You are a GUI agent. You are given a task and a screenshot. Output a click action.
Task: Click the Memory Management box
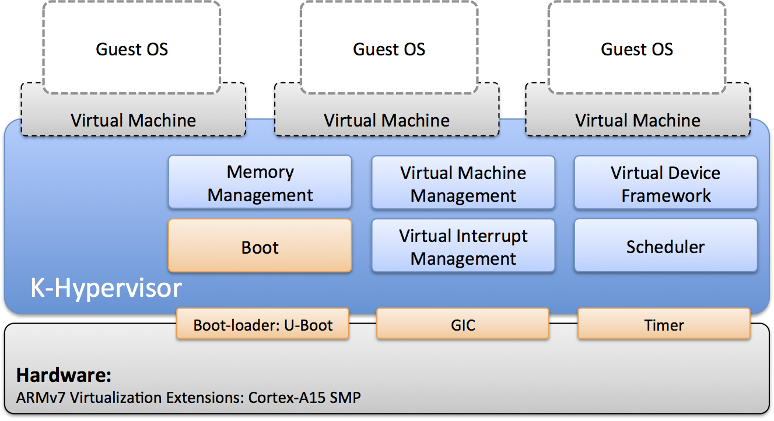260,182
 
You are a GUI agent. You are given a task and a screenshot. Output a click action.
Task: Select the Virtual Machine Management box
463,183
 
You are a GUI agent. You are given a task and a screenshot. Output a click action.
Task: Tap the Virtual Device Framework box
666,183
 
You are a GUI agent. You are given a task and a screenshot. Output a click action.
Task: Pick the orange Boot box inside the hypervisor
260,245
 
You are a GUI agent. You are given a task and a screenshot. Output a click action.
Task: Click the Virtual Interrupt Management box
463,246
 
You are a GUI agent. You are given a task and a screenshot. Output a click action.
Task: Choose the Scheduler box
666,246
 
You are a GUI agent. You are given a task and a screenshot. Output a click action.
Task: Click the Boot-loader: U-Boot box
262,324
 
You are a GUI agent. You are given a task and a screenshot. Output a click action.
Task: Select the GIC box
463,324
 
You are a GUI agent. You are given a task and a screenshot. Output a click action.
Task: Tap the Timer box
664,324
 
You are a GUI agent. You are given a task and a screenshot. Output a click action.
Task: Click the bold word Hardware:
64,375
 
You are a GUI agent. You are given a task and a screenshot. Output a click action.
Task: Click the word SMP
345,398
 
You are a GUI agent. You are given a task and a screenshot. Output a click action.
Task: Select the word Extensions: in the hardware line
205,398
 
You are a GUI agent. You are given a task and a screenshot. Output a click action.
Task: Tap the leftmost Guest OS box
132,47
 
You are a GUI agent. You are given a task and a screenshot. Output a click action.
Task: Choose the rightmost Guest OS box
637,47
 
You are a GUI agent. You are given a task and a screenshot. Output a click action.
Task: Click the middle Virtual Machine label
387,121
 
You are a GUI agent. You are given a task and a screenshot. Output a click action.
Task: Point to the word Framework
666,196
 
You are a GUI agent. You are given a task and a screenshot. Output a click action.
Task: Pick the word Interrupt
492,237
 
